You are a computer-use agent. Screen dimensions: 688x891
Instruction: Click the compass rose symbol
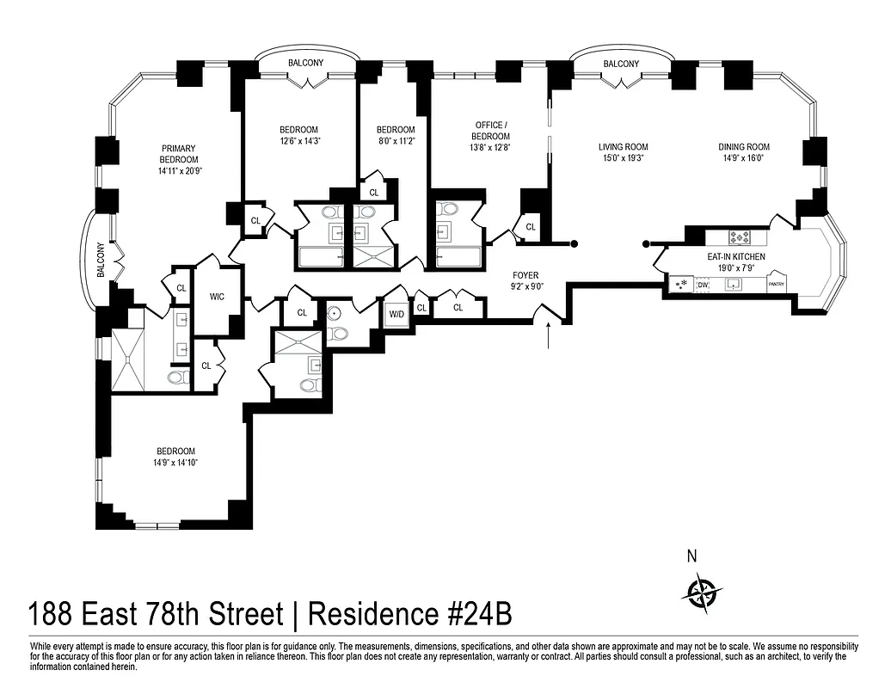coord(702,591)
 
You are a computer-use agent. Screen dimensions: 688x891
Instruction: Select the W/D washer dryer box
coord(396,313)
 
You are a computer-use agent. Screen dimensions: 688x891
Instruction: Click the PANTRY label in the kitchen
coord(777,284)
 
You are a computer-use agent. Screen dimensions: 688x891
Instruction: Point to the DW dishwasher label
coord(703,284)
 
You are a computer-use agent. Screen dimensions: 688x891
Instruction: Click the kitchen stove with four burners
coord(740,236)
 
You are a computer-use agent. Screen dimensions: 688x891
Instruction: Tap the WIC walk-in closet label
coord(217,298)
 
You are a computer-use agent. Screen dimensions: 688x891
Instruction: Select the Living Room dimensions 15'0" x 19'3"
coord(623,158)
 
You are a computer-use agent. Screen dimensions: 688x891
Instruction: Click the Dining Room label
coord(744,147)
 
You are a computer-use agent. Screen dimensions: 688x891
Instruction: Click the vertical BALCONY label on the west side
coord(101,259)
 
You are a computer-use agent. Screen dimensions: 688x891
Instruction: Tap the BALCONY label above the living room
coord(620,64)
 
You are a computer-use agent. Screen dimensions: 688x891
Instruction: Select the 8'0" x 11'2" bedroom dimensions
coord(395,141)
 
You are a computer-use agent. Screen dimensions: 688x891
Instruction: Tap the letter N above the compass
coord(691,556)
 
